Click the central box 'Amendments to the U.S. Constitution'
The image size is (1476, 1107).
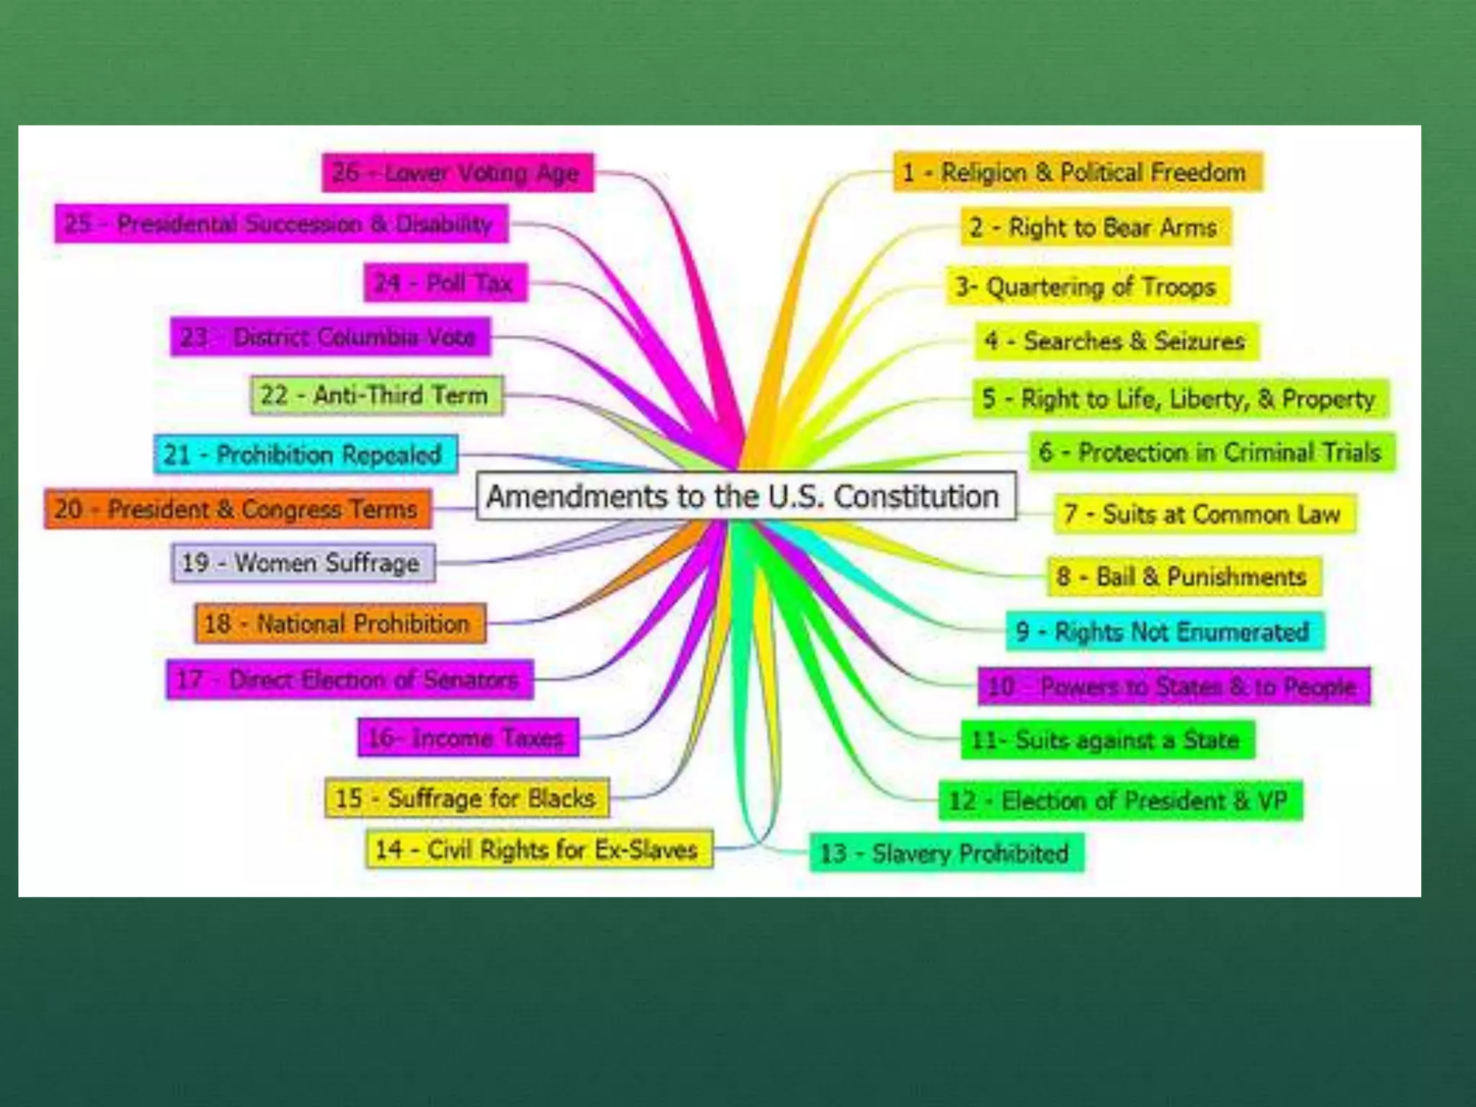746,497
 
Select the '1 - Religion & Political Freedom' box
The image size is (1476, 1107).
1077,172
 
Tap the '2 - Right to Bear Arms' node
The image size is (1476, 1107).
1095,228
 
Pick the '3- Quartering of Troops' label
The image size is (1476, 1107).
1088,287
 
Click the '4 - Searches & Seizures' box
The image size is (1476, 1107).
1116,341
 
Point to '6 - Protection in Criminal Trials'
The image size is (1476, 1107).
1212,453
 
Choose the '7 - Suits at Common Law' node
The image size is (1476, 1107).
1204,514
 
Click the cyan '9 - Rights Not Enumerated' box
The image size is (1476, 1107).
1164,632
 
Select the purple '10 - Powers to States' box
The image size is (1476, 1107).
1173,686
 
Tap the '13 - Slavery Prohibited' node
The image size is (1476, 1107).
946,853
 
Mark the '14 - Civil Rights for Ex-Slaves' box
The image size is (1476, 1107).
538,850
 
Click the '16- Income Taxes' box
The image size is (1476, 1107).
468,738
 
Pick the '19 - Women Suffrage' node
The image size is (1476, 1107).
303,563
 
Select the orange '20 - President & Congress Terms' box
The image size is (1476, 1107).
238,510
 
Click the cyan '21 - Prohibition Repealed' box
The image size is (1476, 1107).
305,455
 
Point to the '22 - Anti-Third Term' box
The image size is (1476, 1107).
376,395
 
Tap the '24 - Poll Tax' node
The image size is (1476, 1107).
445,283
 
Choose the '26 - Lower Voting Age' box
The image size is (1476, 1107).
458,173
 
